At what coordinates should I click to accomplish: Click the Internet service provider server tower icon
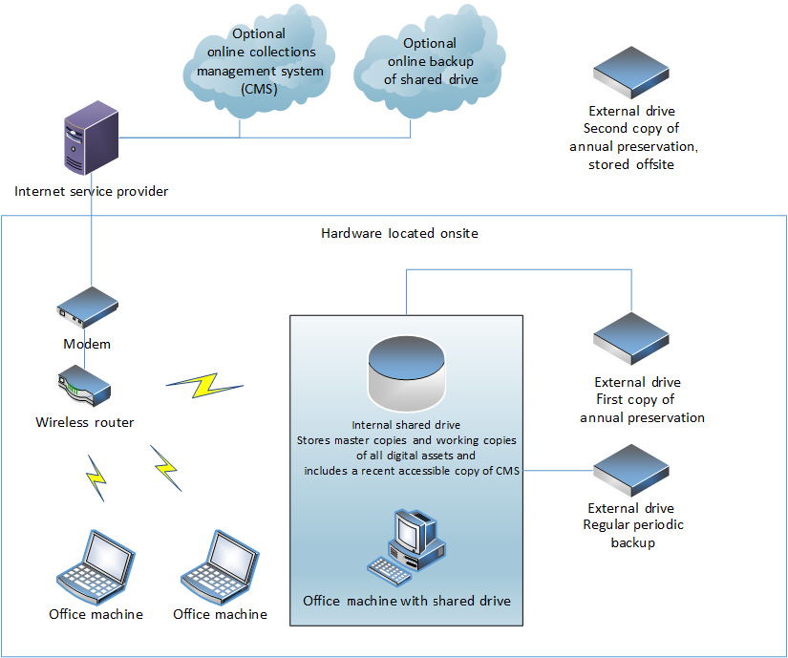tap(92, 142)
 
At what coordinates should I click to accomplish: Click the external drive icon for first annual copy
tap(631, 339)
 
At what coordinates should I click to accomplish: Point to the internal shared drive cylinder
tap(406, 373)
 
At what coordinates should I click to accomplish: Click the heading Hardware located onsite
tap(399, 233)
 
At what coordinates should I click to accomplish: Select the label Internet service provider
tap(92, 191)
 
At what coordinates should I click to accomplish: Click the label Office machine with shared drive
tap(407, 601)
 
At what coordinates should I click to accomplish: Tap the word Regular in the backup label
tap(608, 525)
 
